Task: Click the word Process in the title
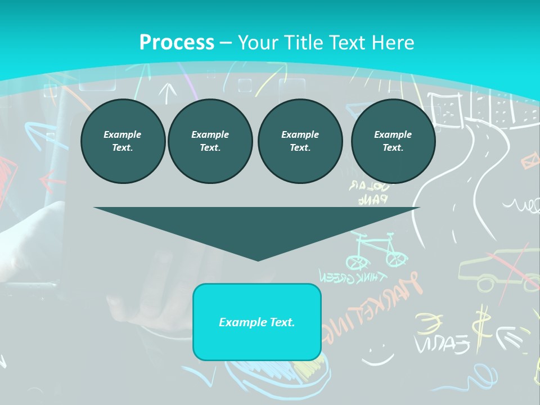coord(177,42)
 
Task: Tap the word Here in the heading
coord(392,42)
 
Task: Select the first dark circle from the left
coord(123,141)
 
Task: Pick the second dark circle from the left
coord(210,141)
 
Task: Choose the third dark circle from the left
coord(300,141)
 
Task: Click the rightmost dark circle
coord(393,141)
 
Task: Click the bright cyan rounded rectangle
coord(257,322)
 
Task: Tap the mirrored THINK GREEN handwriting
coord(353,277)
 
